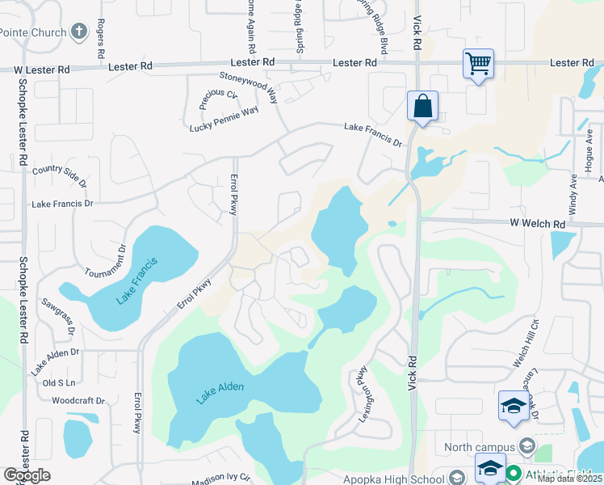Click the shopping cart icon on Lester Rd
(478, 63)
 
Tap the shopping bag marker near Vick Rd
(422, 106)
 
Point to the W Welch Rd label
(536, 224)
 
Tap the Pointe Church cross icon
(78, 32)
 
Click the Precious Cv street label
(219, 99)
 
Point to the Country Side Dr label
(59, 172)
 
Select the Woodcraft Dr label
(78, 401)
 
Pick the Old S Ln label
(58, 382)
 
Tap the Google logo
(27, 475)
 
